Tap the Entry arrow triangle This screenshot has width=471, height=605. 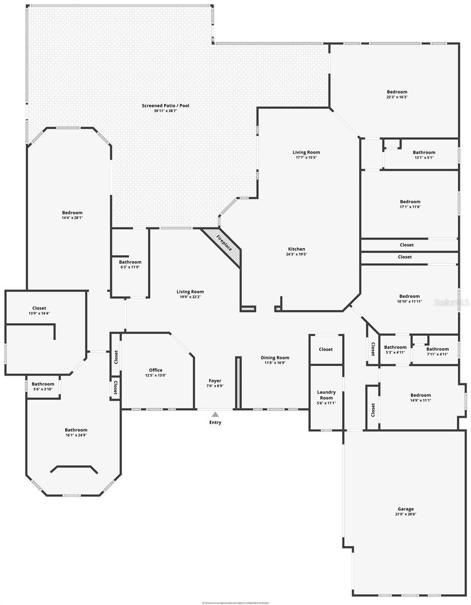(215, 414)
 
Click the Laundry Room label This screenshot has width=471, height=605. (326, 395)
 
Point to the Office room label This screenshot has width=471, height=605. (155, 370)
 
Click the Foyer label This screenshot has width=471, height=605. (215, 381)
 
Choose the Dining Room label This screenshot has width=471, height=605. (275, 357)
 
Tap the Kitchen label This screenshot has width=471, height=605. (297, 249)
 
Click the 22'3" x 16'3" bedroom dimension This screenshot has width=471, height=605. (397, 97)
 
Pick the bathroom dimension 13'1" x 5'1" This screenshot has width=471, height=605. (424, 157)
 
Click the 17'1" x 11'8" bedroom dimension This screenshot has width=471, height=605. (409, 207)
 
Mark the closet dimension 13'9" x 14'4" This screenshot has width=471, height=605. (39, 313)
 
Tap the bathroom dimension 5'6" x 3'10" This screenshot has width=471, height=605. (43, 389)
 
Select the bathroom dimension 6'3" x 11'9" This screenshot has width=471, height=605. (130, 267)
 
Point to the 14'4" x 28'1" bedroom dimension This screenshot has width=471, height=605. (72, 218)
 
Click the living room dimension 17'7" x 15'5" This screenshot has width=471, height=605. (306, 157)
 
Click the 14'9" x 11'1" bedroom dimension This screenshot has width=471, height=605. (421, 400)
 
